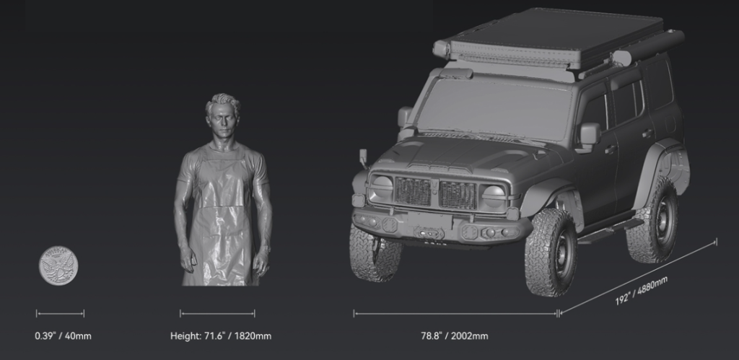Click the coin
tap(58, 265)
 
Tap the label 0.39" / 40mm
tap(64, 336)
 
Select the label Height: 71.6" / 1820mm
tap(221, 336)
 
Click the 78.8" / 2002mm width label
tap(455, 336)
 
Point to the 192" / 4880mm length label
tap(642, 290)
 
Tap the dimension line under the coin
tap(61, 313)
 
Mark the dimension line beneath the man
tap(217, 313)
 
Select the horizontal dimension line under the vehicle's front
tap(456, 313)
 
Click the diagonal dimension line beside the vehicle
tap(638, 277)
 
